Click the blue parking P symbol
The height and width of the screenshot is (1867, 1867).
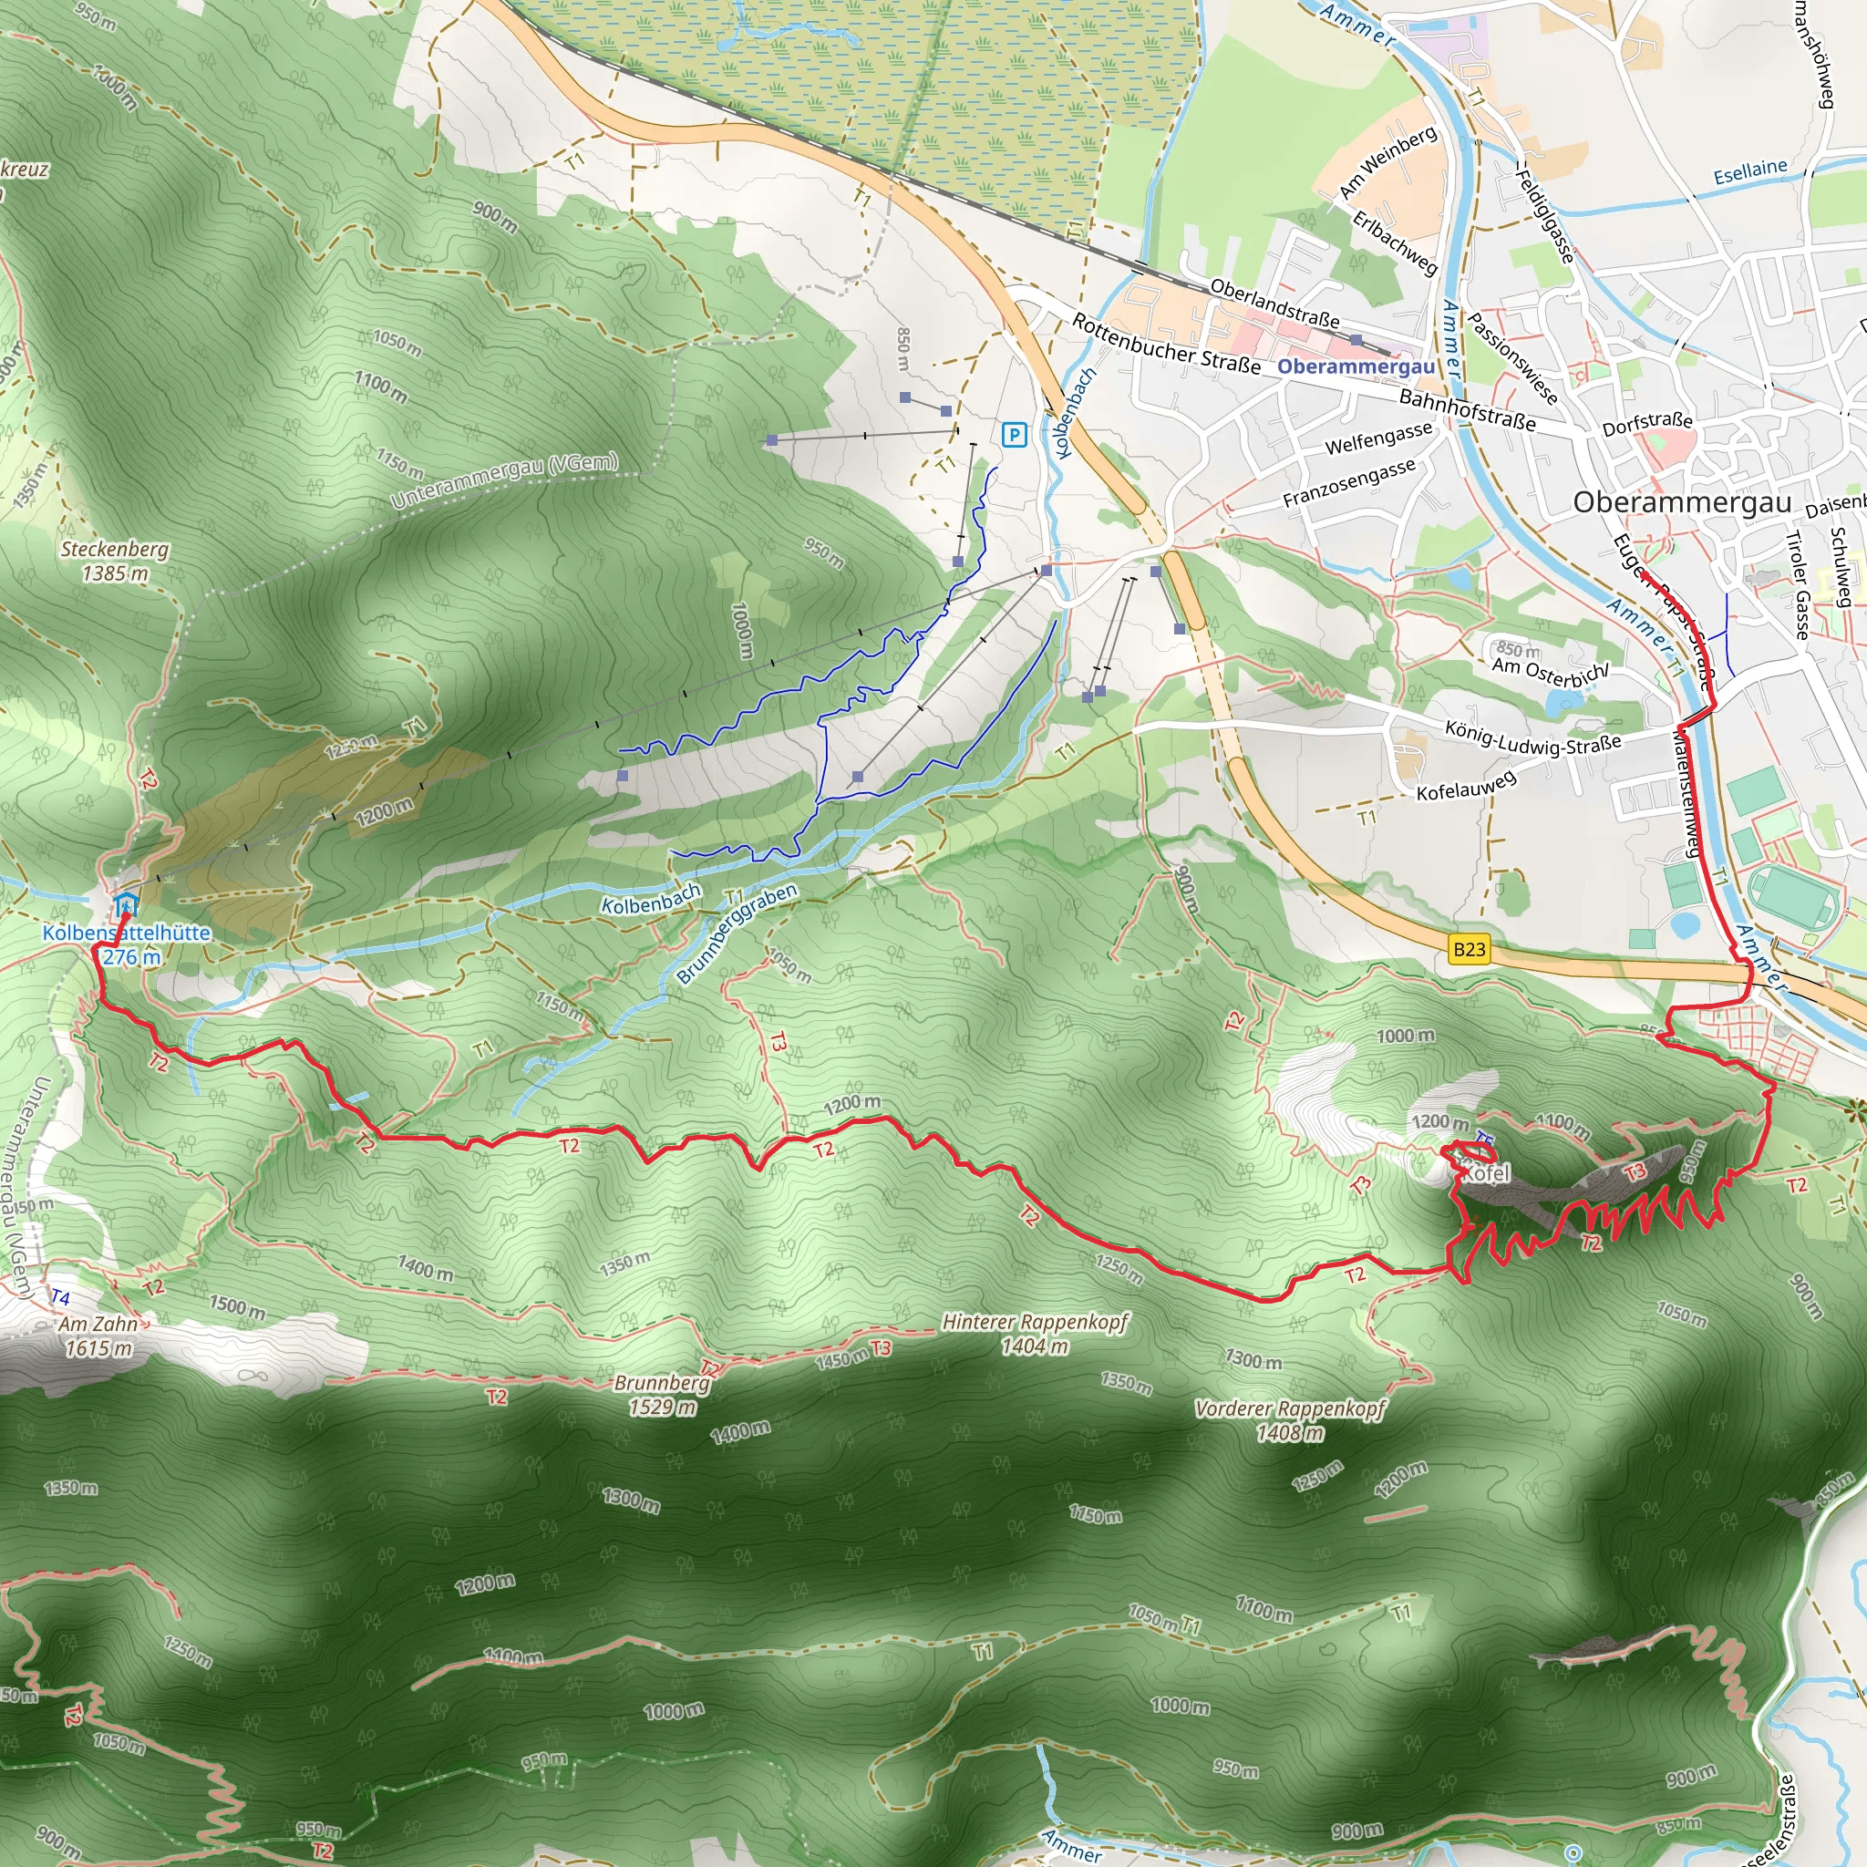(1014, 435)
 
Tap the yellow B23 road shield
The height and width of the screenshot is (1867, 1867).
(1469, 949)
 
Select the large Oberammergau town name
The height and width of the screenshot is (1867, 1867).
(1681, 502)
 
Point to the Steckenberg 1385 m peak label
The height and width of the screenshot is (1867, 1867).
(115, 562)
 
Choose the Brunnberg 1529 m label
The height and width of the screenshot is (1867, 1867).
(662, 1396)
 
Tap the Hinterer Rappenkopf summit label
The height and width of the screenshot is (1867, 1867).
(1035, 1334)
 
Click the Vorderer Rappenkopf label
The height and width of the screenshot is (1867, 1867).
(1290, 1420)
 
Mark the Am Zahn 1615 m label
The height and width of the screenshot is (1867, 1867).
(98, 1336)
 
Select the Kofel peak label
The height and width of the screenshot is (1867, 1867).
(1485, 1174)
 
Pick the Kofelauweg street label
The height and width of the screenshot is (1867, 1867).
(1465, 785)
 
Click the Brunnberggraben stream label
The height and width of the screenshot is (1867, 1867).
(738, 933)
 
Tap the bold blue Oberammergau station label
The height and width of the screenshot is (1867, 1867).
(1356, 367)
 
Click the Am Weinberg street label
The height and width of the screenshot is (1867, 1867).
(1387, 162)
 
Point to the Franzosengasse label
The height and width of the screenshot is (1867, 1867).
(1349, 483)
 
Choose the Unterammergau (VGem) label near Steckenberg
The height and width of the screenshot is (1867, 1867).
(504, 480)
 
